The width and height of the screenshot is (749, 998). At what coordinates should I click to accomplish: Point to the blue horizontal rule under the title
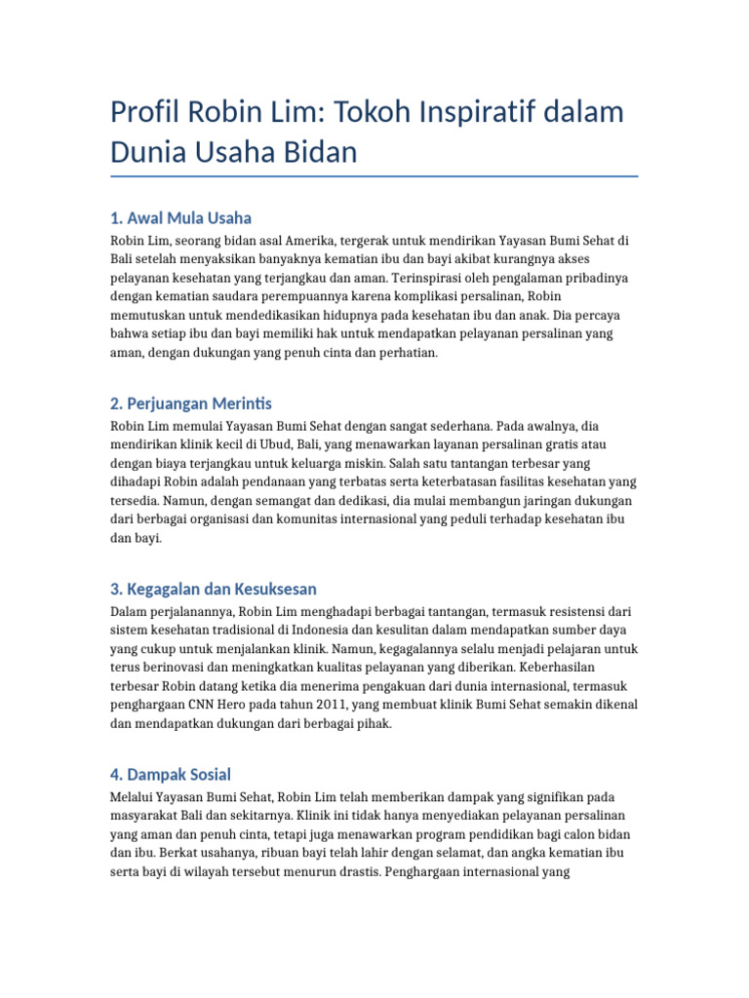point(374,176)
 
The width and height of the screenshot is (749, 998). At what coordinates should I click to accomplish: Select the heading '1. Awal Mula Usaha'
point(181,217)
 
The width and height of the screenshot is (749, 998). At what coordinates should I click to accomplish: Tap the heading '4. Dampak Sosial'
point(171,775)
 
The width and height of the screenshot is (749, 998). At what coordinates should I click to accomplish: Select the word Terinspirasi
point(430,278)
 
